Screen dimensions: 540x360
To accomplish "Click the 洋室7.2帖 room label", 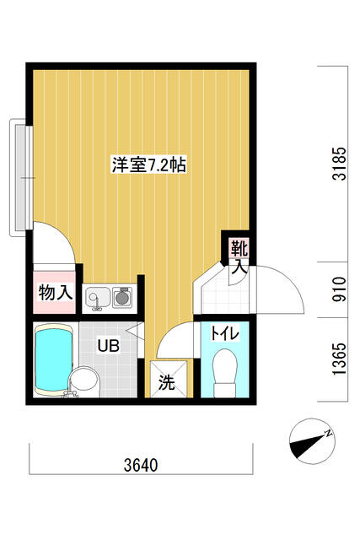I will click(148, 165).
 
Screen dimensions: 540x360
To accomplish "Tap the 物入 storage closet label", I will click(55, 294).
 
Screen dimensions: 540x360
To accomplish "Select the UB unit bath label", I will click(107, 345).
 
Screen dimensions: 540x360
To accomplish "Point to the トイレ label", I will click(224, 333).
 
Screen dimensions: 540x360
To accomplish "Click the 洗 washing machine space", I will click(167, 382).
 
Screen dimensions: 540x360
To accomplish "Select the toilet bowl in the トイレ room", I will click(224, 374).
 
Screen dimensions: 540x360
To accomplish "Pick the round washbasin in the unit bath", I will click(83, 381).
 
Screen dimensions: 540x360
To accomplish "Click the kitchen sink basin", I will click(97, 297).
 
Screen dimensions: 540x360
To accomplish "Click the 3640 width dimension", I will click(139, 465).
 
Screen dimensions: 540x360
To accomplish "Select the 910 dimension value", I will click(338, 289).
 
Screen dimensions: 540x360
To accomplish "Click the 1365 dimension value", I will click(338, 359).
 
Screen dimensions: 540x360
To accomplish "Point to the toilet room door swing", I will click(175, 338).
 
